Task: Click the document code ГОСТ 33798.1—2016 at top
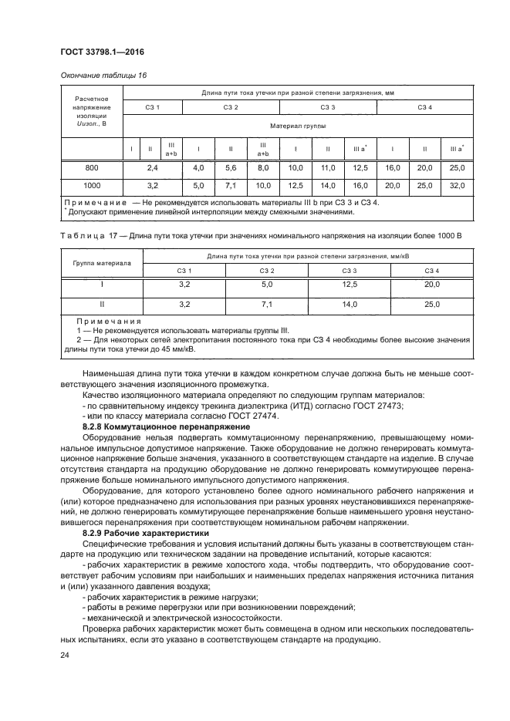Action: [x=102, y=52]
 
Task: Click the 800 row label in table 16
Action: [x=91, y=167]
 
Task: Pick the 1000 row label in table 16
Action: [x=91, y=186]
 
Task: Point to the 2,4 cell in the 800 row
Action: [x=152, y=167]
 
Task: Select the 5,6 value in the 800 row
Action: [x=230, y=167]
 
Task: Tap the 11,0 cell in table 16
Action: [x=327, y=167]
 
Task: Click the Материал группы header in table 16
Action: [x=297, y=125]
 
